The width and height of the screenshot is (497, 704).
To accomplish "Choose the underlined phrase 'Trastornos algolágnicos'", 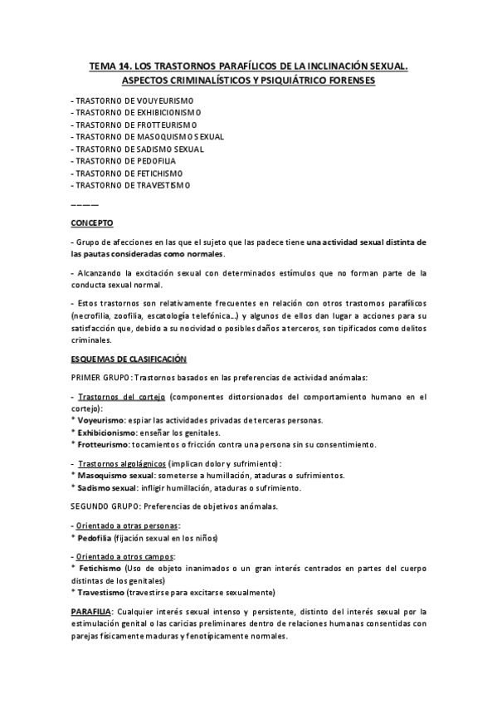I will pos(121,463).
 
